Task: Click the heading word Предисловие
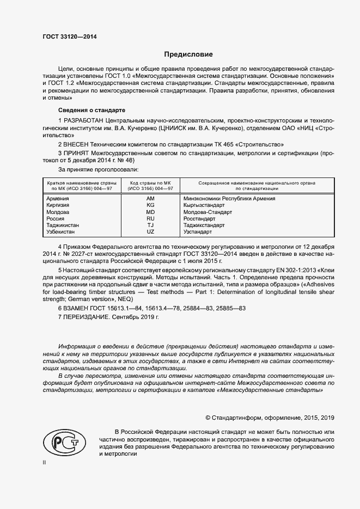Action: tap(189, 54)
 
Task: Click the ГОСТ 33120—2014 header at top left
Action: tap(70, 37)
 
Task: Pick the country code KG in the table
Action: tap(150, 205)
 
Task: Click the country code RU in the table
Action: tap(150, 218)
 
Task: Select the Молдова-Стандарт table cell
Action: tap(208, 212)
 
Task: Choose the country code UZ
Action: tap(150, 231)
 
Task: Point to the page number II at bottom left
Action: tap(45, 462)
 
